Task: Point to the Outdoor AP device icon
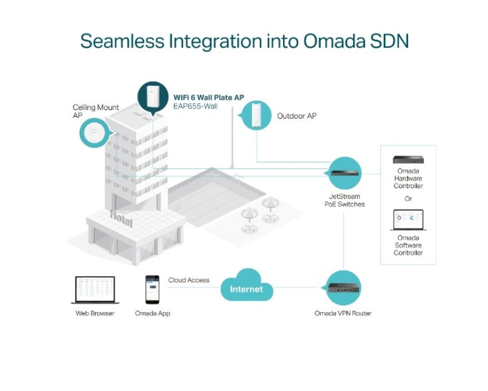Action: click(x=257, y=115)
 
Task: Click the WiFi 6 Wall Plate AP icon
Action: click(x=152, y=98)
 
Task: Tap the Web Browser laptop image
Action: click(x=95, y=290)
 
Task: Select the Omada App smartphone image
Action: click(x=152, y=290)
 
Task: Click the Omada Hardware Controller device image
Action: click(x=408, y=159)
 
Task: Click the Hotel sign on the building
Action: click(x=121, y=219)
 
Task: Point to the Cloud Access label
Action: click(x=188, y=280)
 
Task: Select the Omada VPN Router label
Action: click(x=343, y=313)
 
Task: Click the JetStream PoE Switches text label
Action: click(x=345, y=200)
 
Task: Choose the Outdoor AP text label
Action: click(x=296, y=116)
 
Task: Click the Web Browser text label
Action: click(x=95, y=313)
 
